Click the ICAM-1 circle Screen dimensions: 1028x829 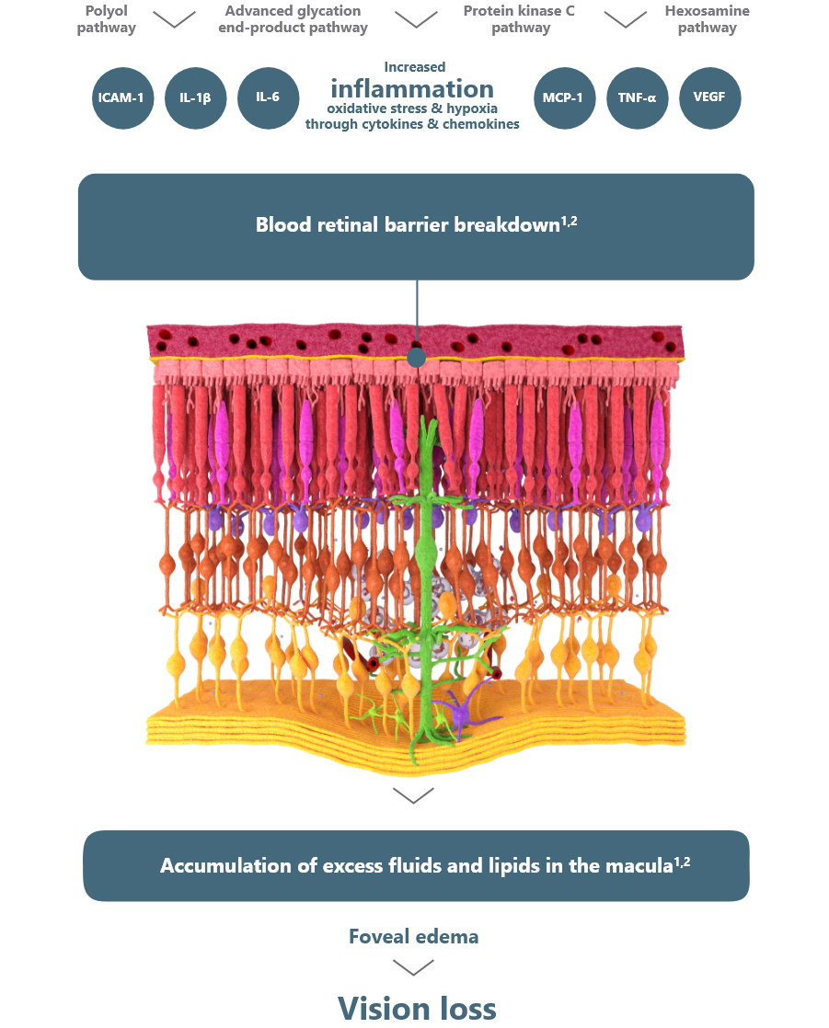tap(121, 97)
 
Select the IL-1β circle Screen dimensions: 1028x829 tap(195, 97)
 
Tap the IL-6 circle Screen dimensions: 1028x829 tap(268, 97)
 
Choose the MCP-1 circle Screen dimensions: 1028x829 tap(564, 97)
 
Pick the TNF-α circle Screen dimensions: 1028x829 tap(637, 97)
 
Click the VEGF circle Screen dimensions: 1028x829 tap(709, 97)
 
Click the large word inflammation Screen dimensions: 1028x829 tap(412, 89)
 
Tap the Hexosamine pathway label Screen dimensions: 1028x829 tap(707, 19)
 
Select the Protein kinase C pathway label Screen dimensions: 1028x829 tap(520, 19)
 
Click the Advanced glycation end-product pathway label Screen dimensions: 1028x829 tap(293, 19)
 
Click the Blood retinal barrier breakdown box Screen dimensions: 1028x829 tap(416, 226)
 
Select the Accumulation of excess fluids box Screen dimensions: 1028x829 tap(416, 865)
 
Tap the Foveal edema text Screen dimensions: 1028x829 tap(413, 937)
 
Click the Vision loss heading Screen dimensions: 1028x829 tap(417, 1008)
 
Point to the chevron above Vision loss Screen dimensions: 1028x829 tap(413, 967)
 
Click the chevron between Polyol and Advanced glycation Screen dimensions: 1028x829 tap(174, 19)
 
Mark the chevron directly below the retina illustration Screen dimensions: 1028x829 tap(413, 795)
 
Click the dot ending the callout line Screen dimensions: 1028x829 tap(417, 357)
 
